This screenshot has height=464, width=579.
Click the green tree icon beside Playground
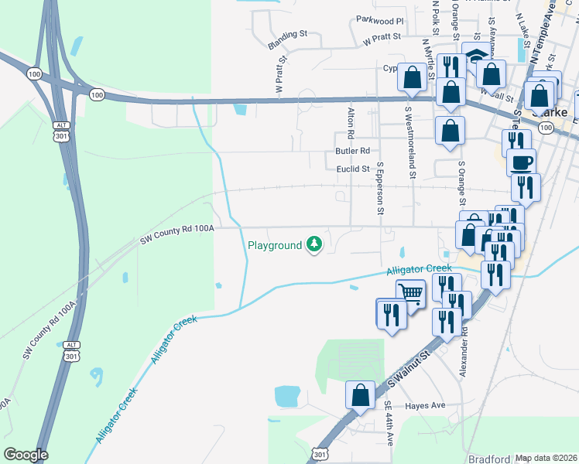coord(314,245)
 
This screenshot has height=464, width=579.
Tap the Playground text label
coord(274,246)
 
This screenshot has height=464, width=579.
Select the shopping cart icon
coord(410,292)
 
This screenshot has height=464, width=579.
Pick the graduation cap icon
coord(475,56)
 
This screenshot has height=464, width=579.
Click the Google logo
coord(26,455)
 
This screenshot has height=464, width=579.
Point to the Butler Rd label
coord(352,151)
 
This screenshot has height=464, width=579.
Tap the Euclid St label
coord(353,169)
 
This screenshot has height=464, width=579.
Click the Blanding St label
coord(288,35)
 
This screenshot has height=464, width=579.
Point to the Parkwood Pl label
coord(380,21)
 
